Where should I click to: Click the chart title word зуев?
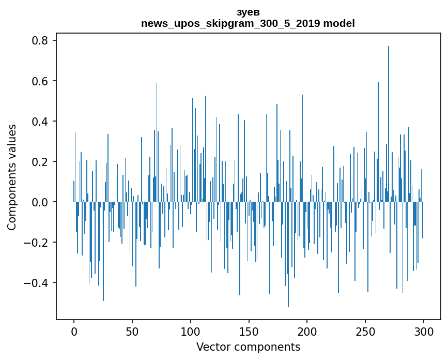click(248, 12)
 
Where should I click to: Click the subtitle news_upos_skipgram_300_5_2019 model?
click(248, 23)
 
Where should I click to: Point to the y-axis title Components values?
click(12, 177)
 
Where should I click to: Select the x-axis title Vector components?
click(248, 347)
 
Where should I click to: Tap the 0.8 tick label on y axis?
click(41, 41)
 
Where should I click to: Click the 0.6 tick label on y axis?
click(41, 81)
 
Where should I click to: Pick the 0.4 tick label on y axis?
click(41, 122)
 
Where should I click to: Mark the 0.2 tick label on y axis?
click(41, 162)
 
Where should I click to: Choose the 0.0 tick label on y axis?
click(41, 202)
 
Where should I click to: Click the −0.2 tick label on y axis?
click(38, 243)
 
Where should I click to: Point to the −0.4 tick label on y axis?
click(38, 283)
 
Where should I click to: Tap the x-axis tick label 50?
click(132, 331)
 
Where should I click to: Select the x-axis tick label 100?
click(191, 331)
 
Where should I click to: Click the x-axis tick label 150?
click(249, 331)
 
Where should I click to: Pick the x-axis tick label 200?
click(307, 331)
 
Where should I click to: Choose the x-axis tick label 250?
click(365, 331)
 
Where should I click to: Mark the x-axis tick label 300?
click(424, 331)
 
